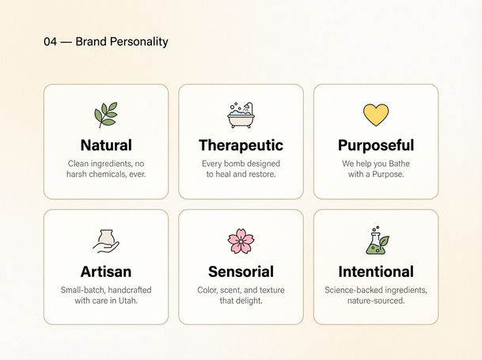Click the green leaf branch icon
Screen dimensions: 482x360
tap(106, 115)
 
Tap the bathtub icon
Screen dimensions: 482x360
tap(241, 115)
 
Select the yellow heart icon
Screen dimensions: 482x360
tap(376, 115)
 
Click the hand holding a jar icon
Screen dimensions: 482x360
tap(106, 241)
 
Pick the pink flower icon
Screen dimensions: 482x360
tap(241, 241)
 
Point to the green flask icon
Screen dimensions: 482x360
tap(378, 241)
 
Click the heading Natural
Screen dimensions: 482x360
tap(106, 145)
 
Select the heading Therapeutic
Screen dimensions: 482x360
tap(241, 146)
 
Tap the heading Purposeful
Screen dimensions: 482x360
tap(376, 146)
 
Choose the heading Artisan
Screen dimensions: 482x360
tap(106, 271)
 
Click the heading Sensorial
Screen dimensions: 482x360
tap(241, 271)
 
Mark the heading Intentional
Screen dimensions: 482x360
tap(376, 271)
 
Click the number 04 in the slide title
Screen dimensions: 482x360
tap(50, 41)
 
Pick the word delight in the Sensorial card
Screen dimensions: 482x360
tap(249, 301)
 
